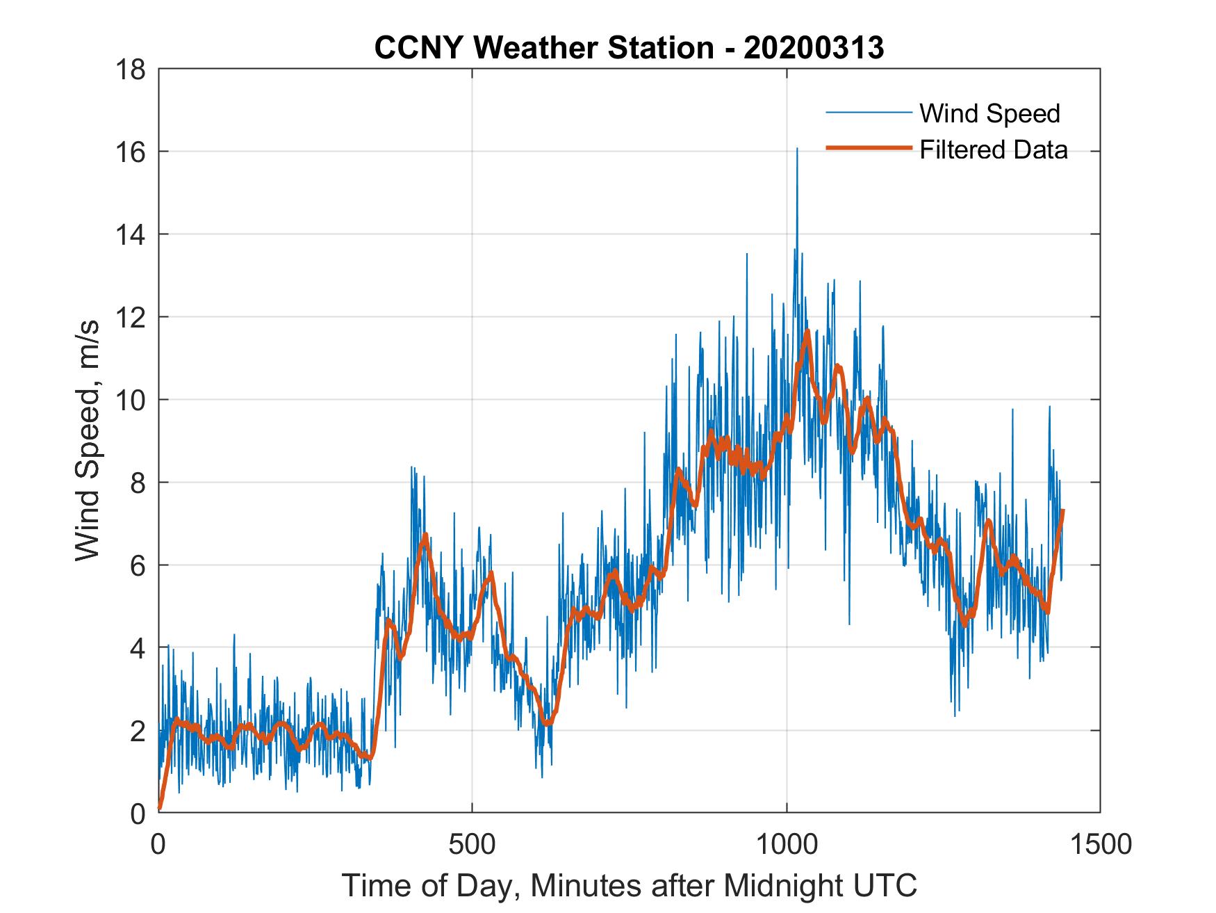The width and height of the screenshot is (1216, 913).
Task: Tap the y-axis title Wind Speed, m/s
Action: [x=88, y=441]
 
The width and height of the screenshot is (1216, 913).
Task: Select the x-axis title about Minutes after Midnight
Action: [x=629, y=886]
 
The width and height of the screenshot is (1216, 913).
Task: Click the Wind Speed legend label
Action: [x=989, y=113]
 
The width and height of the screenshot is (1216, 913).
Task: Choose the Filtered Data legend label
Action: [x=993, y=150]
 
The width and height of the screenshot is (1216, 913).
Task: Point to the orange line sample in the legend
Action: [x=868, y=148]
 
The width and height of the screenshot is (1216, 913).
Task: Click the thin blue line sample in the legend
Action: [x=868, y=113]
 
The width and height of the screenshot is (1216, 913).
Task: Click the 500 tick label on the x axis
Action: [x=472, y=844]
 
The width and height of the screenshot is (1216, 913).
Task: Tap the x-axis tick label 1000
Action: [x=787, y=844]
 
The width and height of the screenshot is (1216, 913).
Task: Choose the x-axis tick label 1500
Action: [x=1100, y=844]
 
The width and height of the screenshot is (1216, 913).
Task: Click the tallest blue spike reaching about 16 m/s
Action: [x=797, y=150]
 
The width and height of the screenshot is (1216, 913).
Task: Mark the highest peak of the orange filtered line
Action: [x=807, y=331]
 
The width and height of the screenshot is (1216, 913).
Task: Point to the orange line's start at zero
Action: [x=160, y=808]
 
